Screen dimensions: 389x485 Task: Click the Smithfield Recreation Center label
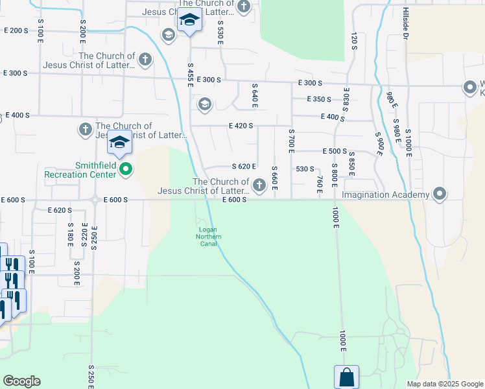(x=80, y=170)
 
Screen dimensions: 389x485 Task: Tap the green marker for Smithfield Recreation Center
(x=126, y=170)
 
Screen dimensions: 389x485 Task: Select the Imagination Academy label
(x=386, y=194)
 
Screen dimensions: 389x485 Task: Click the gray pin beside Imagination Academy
(x=440, y=194)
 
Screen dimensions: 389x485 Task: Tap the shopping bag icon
(x=346, y=377)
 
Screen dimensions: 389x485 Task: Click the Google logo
(x=21, y=381)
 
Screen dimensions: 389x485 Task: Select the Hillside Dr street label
(x=405, y=25)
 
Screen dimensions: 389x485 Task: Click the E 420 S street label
(x=240, y=126)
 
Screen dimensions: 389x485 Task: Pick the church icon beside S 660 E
(x=259, y=186)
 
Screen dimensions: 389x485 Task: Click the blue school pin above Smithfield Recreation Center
(x=120, y=143)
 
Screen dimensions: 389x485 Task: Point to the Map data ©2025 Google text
(x=444, y=384)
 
